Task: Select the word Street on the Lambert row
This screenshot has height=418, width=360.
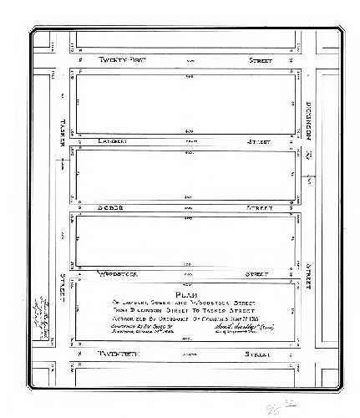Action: (x=261, y=142)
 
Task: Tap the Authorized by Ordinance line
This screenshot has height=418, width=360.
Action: (x=187, y=318)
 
